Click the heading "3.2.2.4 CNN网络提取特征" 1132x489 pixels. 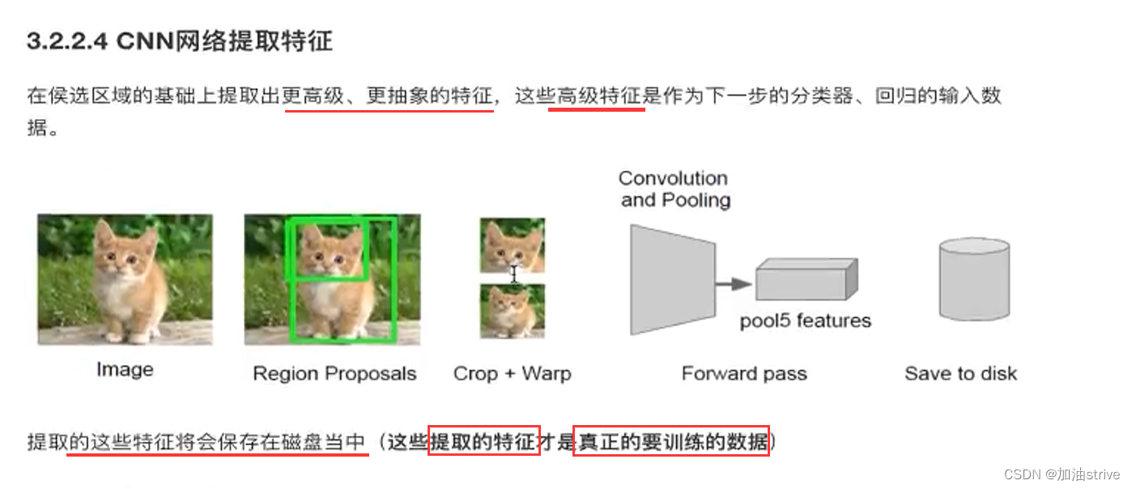point(180,42)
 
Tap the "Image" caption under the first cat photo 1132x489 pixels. point(125,370)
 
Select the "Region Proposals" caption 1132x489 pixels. point(334,373)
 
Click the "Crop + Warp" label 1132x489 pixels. point(512,373)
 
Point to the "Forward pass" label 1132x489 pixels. point(744,373)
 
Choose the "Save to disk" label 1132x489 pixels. point(960,373)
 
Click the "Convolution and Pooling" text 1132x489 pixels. point(675,189)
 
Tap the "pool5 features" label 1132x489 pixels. point(805,321)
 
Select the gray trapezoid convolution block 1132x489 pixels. point(672,279)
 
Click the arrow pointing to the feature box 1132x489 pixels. point(735,284)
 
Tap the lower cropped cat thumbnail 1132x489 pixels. point(512,311)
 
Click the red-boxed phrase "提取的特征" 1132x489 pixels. point(483,442)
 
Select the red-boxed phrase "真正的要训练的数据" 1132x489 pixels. point(670,442)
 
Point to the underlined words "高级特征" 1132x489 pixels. point(597,96)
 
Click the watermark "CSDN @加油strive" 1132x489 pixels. point(1062,474)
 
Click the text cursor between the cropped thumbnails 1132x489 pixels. point(513,275)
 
